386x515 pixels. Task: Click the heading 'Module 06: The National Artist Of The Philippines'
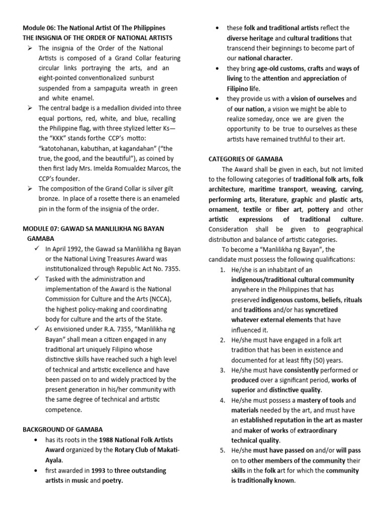[x=94, y=28]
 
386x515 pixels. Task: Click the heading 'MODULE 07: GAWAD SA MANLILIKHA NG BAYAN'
[x=93, y=229]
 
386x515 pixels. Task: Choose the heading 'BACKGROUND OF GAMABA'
[x=63, y=430]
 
